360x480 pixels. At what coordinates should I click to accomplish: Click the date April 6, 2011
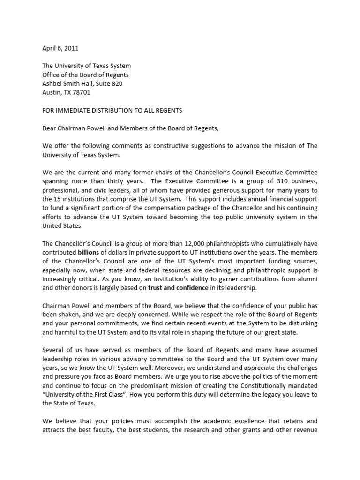pyautogui.click(x=60, y=48)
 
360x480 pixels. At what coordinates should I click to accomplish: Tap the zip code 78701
pyautogui.click(x=82, y=92)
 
